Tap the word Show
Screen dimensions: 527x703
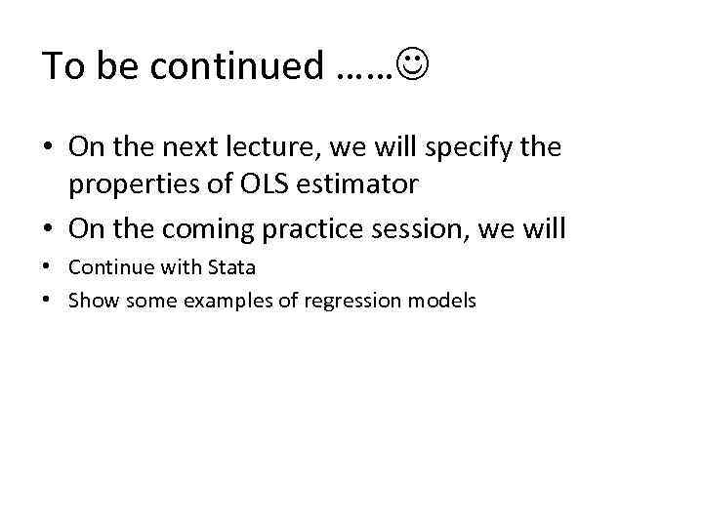point(90,300)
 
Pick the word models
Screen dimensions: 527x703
point(444,300)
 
